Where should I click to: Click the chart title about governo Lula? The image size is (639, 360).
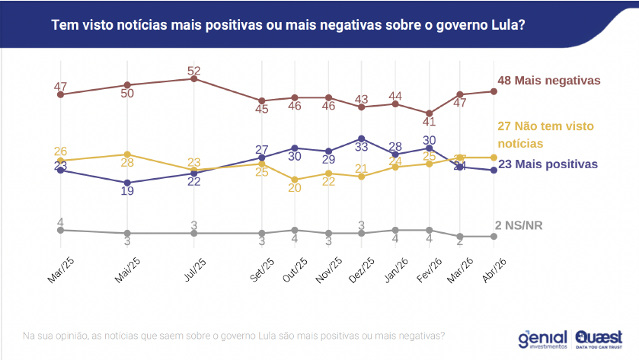[287, 25]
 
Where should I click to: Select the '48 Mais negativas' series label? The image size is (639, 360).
[548, 80]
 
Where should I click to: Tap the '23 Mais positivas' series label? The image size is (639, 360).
[547, 163]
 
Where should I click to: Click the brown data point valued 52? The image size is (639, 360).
[194, 78]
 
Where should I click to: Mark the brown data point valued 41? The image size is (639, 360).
[430, 113]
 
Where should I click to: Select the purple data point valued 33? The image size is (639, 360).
[362, 139]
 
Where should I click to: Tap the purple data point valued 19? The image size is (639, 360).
[127, 183]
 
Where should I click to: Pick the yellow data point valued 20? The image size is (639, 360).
[295, 180]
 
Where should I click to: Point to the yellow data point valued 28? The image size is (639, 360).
[127, 155]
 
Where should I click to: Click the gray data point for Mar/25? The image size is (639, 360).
[60, 230]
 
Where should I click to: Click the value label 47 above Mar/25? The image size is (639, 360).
[61, 86]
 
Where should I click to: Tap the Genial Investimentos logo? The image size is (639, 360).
[543, 337]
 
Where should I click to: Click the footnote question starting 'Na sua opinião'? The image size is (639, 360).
[234, 335]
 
